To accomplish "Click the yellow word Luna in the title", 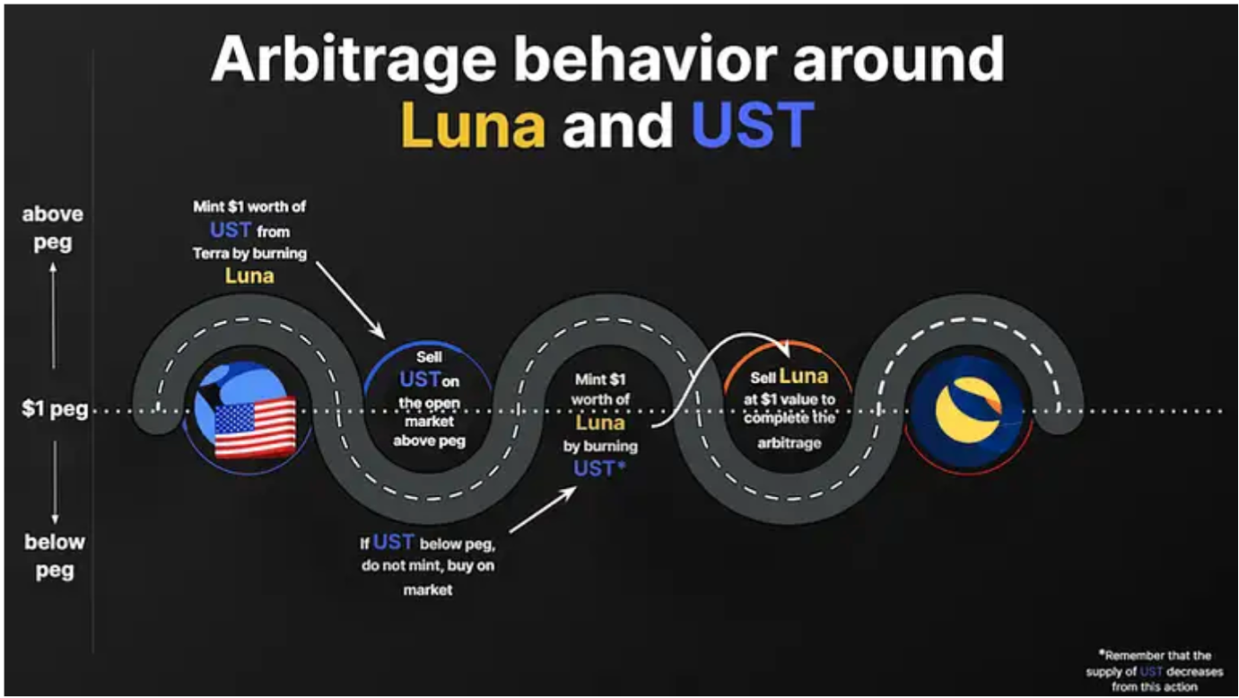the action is (473, 125).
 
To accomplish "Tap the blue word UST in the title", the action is (753, 125).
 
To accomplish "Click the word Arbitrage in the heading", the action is (354, 60).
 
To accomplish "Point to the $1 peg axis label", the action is (55, 409).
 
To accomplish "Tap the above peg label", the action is (53, 227).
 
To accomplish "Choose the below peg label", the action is (54, 555).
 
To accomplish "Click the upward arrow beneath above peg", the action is (54, 315).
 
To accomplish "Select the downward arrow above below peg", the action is (55, 483).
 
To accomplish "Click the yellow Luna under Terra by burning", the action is (249, 275).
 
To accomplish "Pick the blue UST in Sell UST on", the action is (420, 380).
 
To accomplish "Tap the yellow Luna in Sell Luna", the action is (804, 376).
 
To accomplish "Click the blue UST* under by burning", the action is (599, 468).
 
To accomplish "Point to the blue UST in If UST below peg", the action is (393, 542).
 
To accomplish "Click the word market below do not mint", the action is (428, 589).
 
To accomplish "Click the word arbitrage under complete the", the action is (789, 443).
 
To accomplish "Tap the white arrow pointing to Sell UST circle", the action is (351, 301).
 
